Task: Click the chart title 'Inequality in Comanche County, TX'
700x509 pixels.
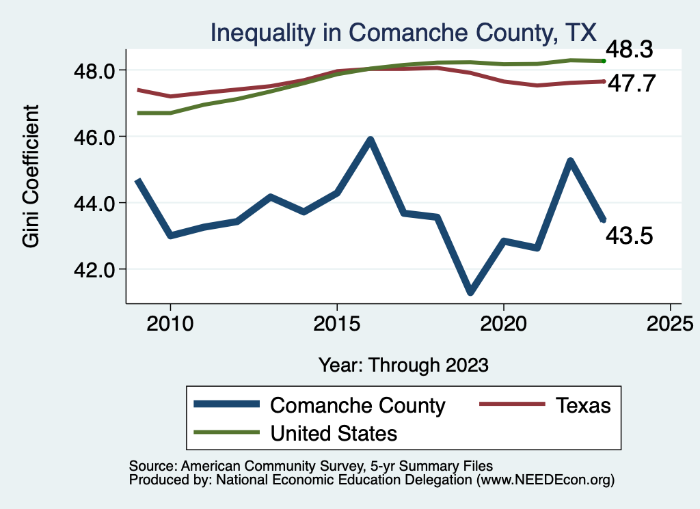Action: point(403,32)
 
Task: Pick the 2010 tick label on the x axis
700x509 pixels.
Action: point(170,323)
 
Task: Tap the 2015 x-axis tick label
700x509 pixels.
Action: point(336,323)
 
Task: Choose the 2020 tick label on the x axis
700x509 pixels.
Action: point(503,323)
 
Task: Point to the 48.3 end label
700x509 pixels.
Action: point(632,49)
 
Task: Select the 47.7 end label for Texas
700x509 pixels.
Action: point(632,83)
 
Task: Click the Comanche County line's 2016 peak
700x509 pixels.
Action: point(370,140)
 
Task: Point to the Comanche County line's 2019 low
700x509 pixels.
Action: point(470,292)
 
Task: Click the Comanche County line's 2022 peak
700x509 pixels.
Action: point(569,161)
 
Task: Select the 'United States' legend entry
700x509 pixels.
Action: point(334,433)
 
